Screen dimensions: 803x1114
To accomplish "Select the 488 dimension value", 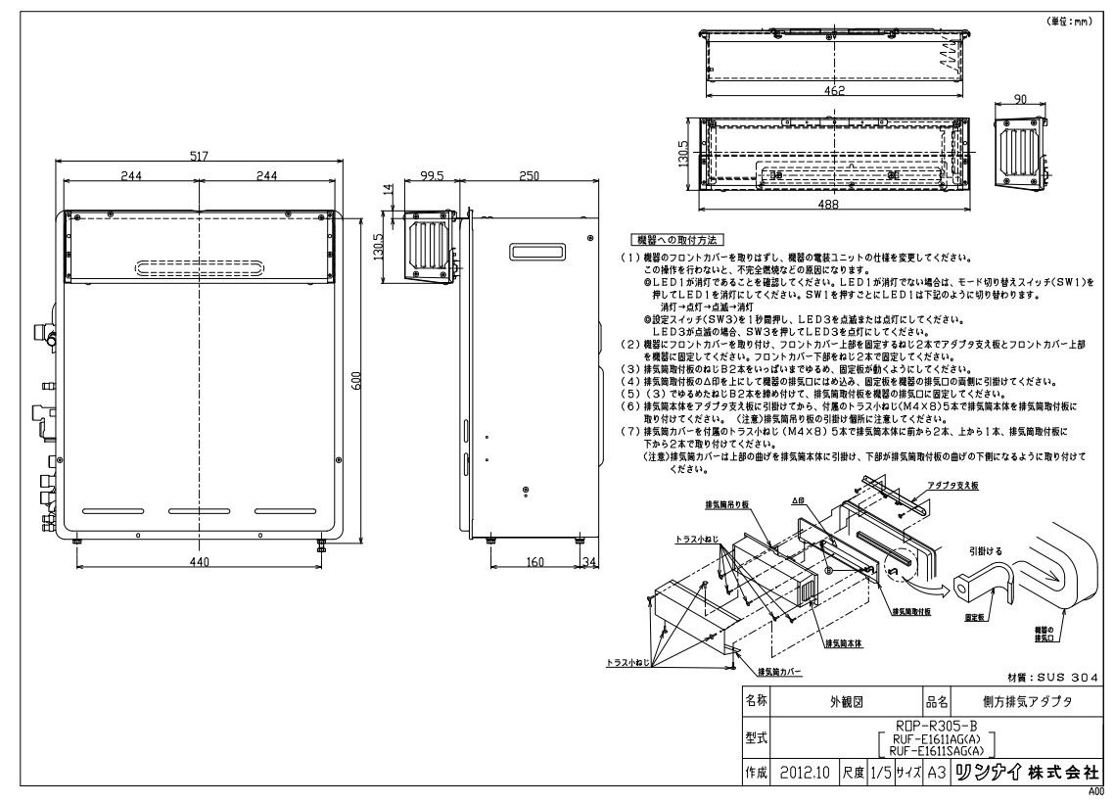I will (837, 206).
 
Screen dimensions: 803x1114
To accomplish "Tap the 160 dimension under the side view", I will (536, 561).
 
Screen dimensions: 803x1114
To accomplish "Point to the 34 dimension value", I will (590, 561).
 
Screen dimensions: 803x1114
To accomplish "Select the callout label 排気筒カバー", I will (779, 673).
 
